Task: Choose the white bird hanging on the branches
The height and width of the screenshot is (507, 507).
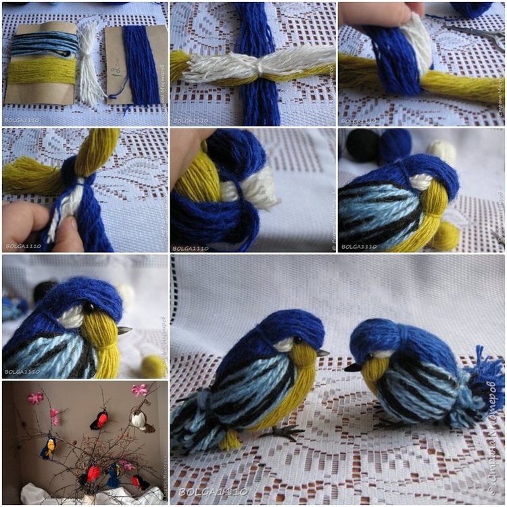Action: (x=139, y=421)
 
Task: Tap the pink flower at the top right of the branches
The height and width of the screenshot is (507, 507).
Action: (x=139, y=390)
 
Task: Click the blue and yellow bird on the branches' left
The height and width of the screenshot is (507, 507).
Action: (x=48, y=447)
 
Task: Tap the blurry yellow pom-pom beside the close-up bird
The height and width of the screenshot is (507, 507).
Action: (x=154, y=366)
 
